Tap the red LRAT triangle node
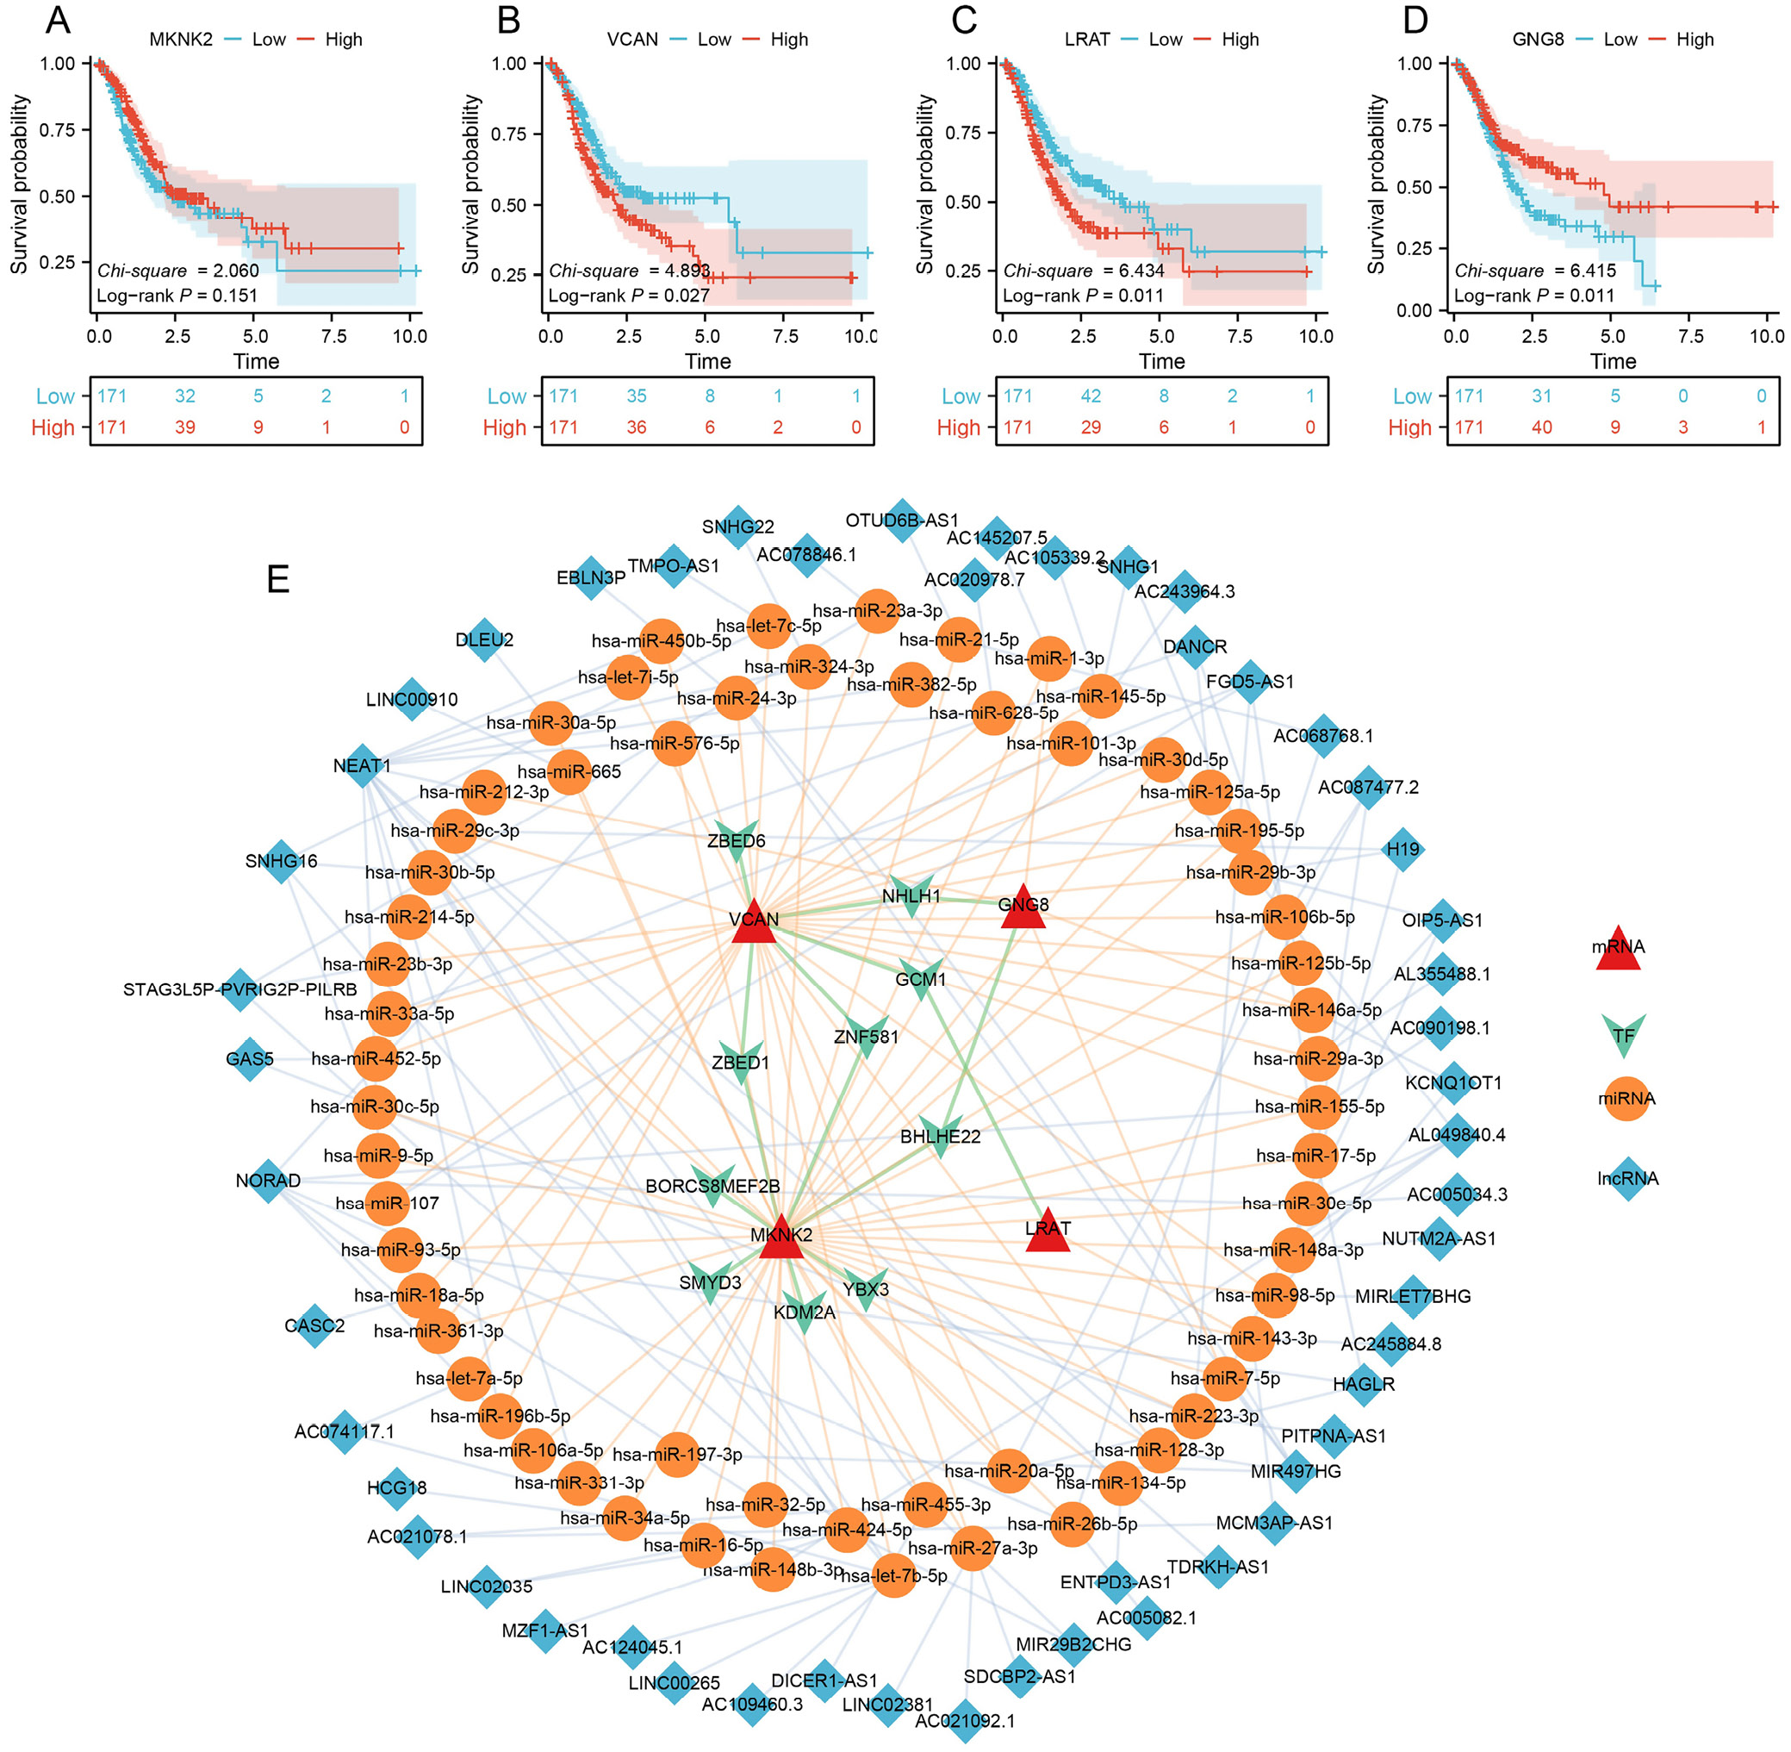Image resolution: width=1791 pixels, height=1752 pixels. click(1047, 1231)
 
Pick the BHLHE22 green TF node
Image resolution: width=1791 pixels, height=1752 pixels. click(939, 1138)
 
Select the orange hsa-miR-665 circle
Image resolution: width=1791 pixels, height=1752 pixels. click(569, 772)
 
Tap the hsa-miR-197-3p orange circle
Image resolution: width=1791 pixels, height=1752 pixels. click(678, 1454)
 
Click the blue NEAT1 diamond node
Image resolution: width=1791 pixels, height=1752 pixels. click(363, 765)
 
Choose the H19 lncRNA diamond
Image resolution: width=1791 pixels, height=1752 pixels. click(1402, 848)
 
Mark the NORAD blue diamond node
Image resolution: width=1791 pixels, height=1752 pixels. click(269, 1181)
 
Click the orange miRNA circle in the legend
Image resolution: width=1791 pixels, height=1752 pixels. click(1626, 1099)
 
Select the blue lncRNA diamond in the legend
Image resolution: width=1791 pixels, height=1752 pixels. click(1627, 1179)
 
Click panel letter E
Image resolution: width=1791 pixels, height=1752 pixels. click(277, 579)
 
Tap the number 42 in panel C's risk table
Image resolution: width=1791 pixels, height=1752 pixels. click(1090, 396)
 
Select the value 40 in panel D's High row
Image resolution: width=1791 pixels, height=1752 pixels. click(1541, 427)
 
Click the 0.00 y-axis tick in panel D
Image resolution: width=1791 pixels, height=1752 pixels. click(1415, 311)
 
